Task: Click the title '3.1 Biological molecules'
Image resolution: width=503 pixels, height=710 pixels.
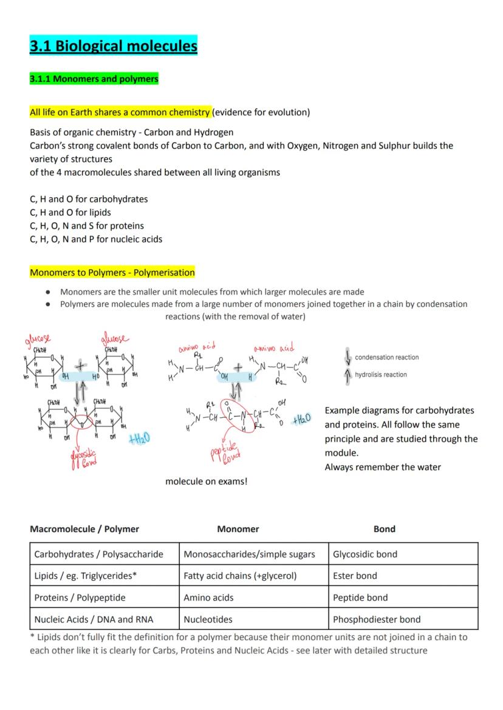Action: (114, 46)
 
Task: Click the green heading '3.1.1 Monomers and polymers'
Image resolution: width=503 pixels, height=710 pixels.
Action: (94, 79)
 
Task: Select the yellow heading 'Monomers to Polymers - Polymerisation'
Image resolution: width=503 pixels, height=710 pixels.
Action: (112, 272)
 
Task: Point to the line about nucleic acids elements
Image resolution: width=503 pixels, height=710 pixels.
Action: (96, 239)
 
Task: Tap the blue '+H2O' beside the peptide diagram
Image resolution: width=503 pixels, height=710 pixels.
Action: (301, 420)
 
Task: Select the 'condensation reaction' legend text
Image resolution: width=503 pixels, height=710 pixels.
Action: (386, 357)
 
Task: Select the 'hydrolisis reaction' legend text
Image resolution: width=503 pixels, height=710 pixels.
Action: (381, 375)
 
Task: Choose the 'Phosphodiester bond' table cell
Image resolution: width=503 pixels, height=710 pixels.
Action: (377, 620)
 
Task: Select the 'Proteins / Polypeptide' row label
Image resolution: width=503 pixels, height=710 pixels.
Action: (80, 598)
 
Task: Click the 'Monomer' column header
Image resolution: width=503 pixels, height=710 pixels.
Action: (238, 529)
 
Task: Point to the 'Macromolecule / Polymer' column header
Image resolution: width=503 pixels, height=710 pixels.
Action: (84, 529)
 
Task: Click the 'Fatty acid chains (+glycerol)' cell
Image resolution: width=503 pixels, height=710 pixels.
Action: (240, 576)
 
